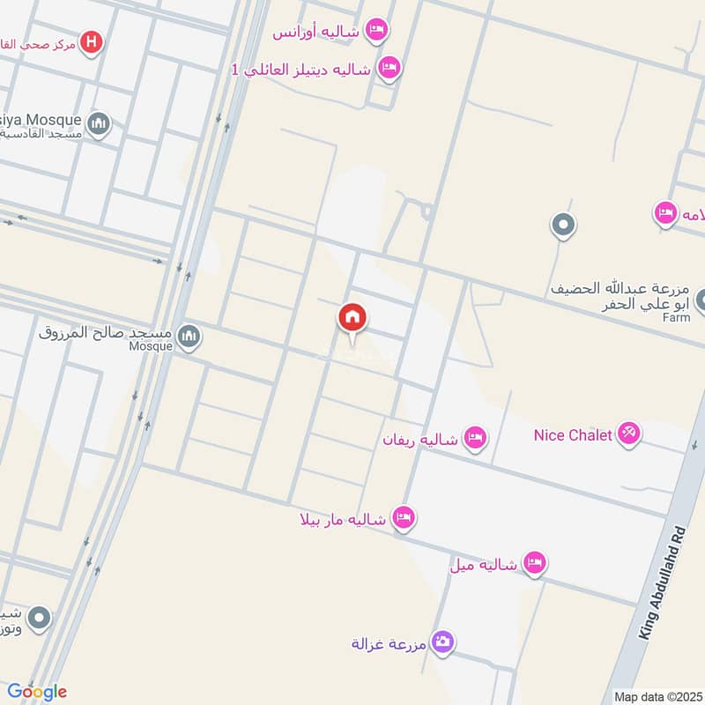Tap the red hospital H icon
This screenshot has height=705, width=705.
point(91,41)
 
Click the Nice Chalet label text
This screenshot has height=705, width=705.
point(573,434)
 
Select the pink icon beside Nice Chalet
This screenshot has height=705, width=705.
point(629,433)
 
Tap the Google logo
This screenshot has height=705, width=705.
point(37,692)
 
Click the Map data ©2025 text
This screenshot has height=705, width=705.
point(657,696)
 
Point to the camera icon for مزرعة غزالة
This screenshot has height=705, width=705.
point(442,642)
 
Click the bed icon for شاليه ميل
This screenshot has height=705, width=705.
point(534,562)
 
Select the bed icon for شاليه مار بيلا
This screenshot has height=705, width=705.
point(404,518)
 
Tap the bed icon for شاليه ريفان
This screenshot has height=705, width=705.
point(475,437)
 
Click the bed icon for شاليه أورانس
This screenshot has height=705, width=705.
point(376,31)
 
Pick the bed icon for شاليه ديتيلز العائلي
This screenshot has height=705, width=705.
point(388,66)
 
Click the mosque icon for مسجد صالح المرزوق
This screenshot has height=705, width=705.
point(189,336)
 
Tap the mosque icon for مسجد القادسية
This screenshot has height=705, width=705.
point(99,124)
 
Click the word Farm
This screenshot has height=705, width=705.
point(676,317)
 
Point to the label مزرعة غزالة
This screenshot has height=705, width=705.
point(389,643)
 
